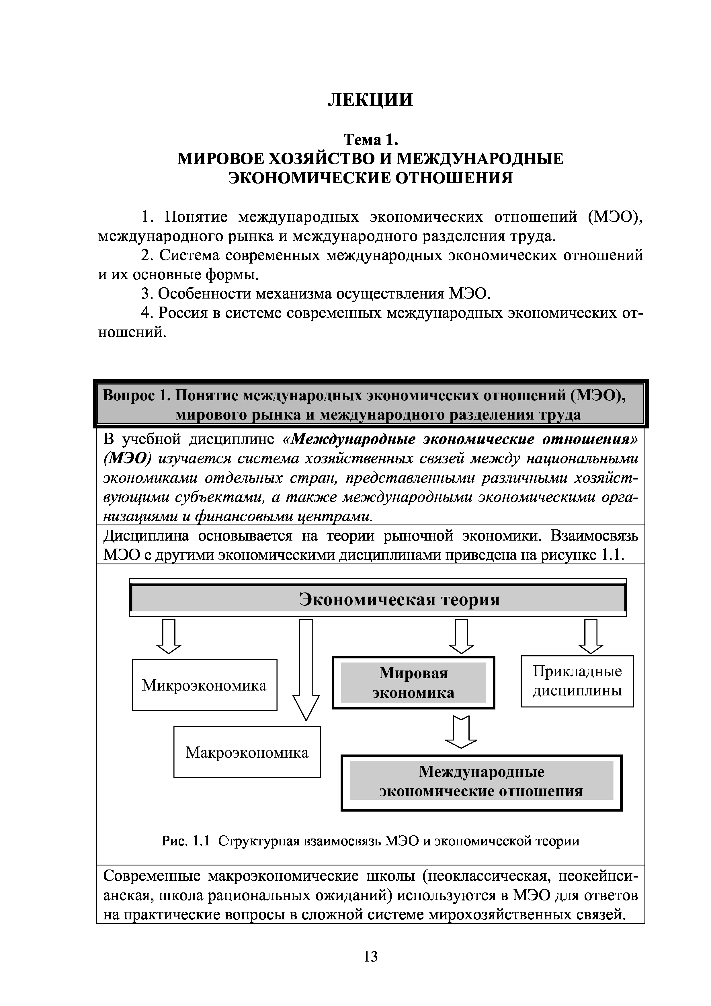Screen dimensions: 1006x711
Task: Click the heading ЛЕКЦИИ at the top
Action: [370, 100]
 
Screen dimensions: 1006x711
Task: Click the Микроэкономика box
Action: [205, 685]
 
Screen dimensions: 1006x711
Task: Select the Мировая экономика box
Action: [413, 683]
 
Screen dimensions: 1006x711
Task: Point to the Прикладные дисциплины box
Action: [577, 681]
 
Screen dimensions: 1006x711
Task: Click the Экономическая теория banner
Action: [378, 599]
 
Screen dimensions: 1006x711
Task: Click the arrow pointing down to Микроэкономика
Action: [169, 636]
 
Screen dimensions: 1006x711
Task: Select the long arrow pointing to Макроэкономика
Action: [306, 668]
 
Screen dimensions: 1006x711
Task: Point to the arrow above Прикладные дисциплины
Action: [591, 636]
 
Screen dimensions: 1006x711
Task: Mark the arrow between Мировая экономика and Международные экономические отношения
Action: [461, 731]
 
